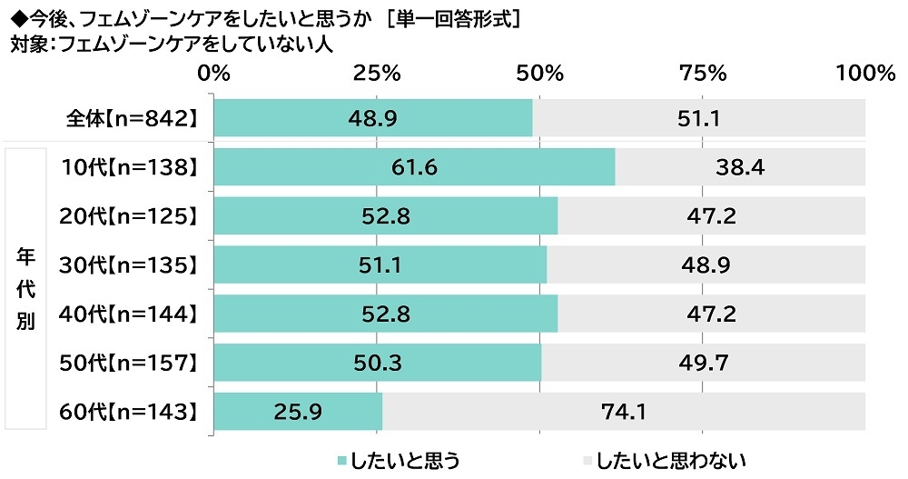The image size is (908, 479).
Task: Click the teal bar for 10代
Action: (x=414, y=166)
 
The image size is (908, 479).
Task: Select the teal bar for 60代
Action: (x=298, y=413)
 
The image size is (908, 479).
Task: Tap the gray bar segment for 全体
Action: (x=699, y=118)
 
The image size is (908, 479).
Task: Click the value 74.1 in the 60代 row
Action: (x=623, y=413)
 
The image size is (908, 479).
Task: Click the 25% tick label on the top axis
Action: (x=377, y=74)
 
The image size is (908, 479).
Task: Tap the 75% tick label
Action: (x=703, y=74)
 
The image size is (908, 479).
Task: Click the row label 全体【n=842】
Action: (x=132, y=118)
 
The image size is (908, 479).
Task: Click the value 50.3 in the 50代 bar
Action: (x=378, y=364)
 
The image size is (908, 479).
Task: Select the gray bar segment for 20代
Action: (x=712, y=215)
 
